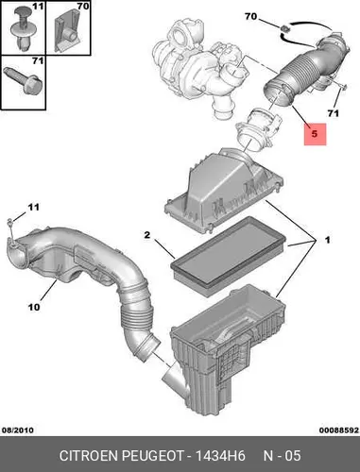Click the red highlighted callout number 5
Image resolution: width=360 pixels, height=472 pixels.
315,134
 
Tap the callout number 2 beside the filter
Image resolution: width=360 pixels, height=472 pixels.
147,235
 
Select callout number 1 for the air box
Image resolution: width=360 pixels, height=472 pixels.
327,240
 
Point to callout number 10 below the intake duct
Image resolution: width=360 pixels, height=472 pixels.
34,307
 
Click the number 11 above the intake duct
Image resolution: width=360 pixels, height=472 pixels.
34,207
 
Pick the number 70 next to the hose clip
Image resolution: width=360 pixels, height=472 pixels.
251,16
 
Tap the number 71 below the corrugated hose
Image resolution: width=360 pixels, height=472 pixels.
333,113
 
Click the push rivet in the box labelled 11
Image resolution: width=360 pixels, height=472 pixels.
23,29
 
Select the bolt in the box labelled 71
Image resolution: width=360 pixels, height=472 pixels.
23,80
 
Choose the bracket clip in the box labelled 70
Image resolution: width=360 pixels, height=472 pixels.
66,31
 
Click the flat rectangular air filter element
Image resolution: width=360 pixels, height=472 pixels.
229,256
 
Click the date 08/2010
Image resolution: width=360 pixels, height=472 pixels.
18,430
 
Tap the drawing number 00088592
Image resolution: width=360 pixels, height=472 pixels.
339,430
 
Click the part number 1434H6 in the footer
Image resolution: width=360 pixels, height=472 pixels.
220,456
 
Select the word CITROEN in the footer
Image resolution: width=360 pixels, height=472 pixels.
89,456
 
